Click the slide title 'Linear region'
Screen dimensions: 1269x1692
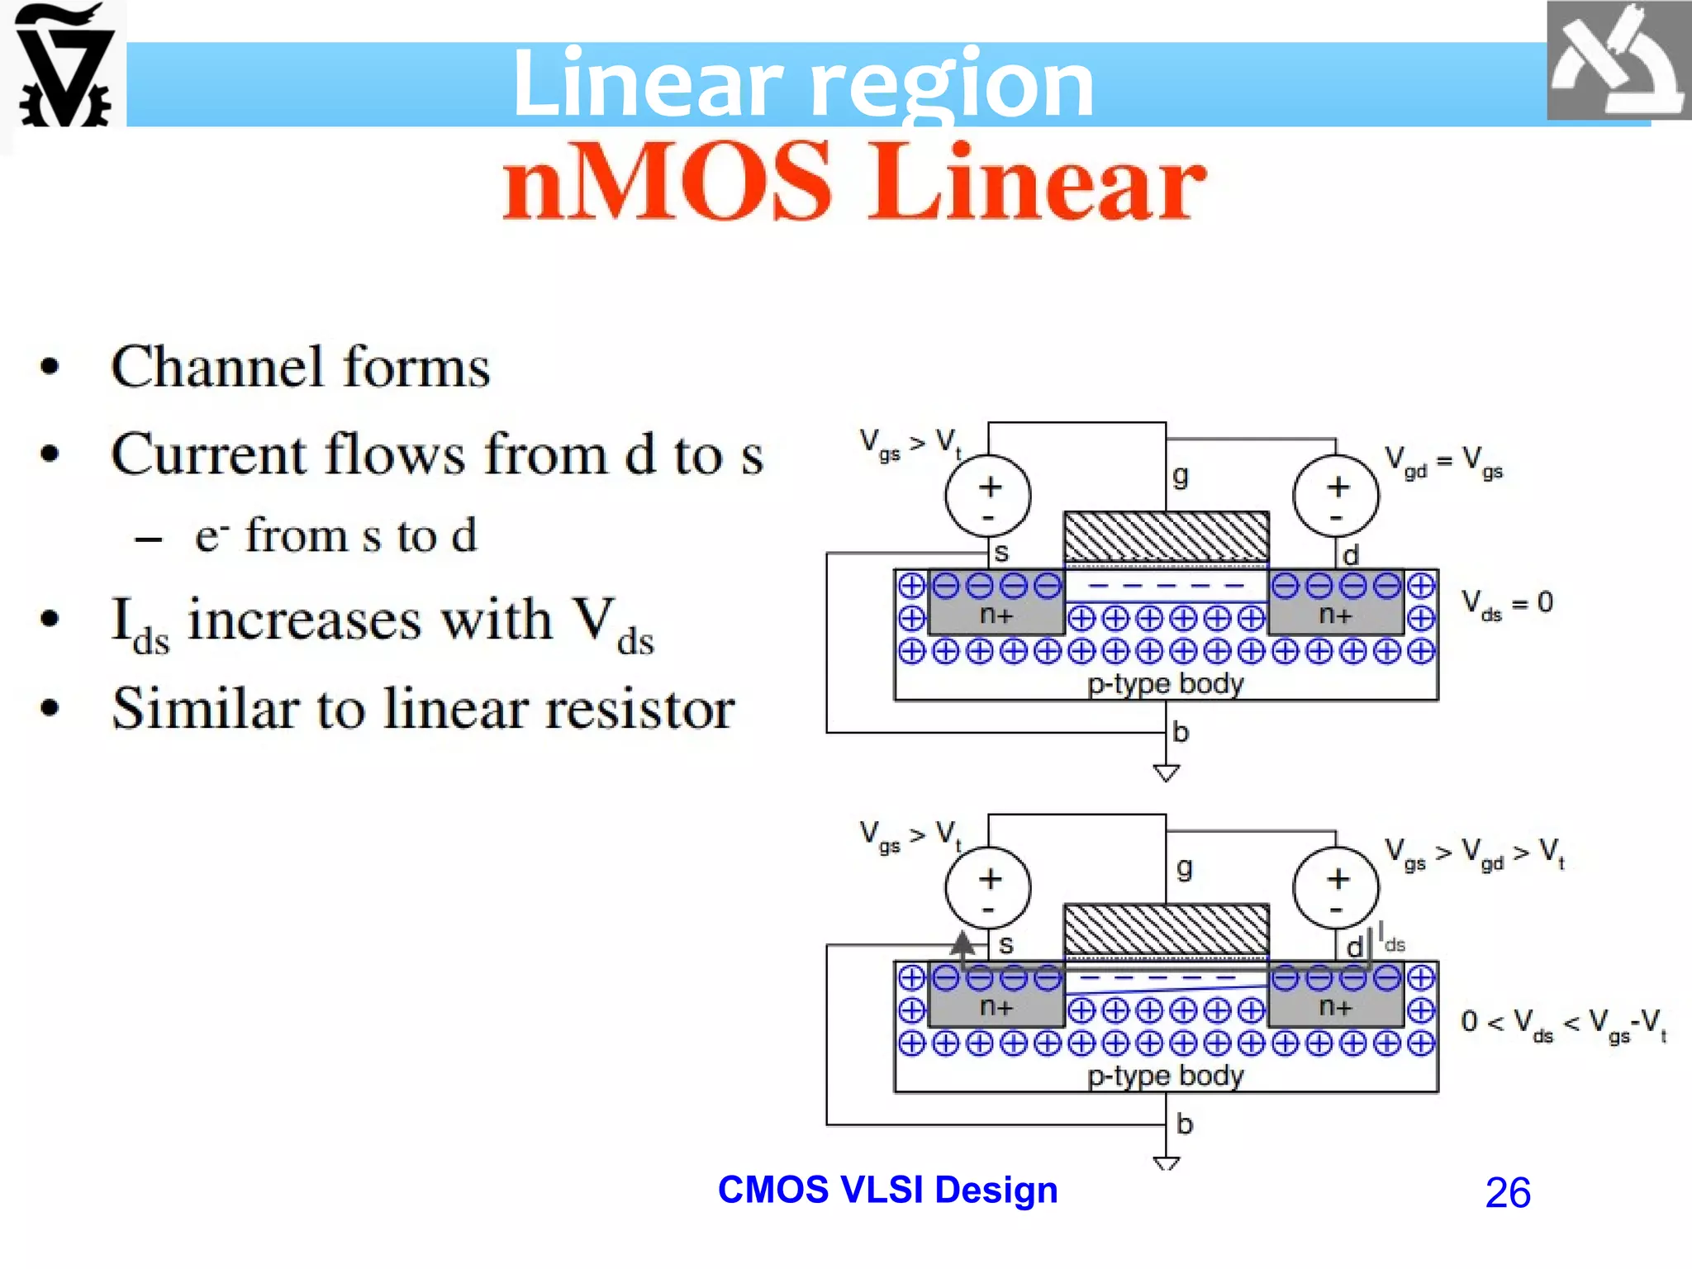802,83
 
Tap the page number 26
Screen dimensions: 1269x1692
1507,1193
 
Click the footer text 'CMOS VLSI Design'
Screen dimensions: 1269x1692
887,1190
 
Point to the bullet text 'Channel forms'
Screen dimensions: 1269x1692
301,367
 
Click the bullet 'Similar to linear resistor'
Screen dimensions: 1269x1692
423,709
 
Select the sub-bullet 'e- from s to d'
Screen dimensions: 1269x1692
335,535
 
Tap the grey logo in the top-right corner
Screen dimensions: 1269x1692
1618,62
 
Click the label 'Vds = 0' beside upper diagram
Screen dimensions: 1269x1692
1507,603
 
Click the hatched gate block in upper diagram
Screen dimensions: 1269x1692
1166,537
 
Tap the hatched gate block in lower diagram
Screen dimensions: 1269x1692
1166,929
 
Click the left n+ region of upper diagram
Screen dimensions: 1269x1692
996,615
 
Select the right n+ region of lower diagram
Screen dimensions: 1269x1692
1335,1008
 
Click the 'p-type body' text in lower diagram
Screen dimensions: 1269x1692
1165,1076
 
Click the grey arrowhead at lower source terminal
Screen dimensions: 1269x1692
962,943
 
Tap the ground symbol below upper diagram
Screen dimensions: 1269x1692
1166,773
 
